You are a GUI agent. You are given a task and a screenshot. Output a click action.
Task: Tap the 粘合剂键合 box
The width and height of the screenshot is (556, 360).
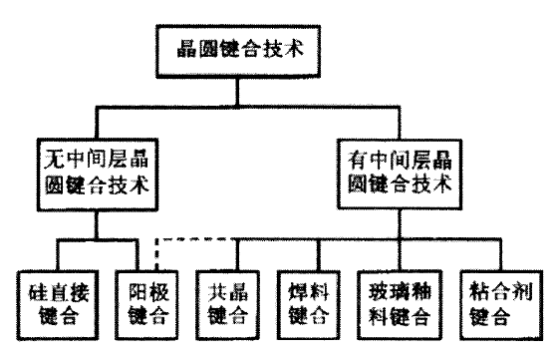pyautogui.click(x=492, y=302)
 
